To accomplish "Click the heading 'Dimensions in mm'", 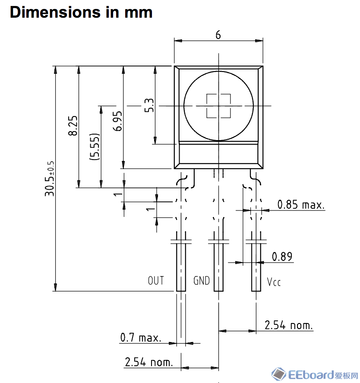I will pos(81,12).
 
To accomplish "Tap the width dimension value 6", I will pos(218,35).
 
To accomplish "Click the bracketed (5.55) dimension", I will pos(95,147).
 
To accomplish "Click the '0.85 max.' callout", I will pos(301,204).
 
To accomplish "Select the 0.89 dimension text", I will pos(282,257).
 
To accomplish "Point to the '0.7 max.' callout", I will pos(141,338).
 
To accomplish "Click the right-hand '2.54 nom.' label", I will pos(289,325).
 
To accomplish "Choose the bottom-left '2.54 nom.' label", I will pos(148,362).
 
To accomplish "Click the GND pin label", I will pos(201,281).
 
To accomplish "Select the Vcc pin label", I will pos(274,282).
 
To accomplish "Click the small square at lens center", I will pos(218,106).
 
